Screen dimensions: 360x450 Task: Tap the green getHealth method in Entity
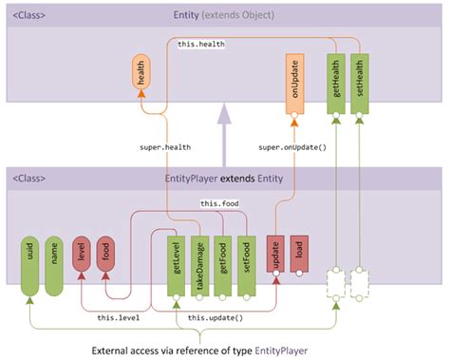pos(335,84)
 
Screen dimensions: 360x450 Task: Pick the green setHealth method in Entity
pos(359,84)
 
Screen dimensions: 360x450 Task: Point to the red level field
pos(81,255)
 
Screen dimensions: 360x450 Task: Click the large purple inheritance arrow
pos(224,133)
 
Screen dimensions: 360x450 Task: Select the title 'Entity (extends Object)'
pos(225,15)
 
